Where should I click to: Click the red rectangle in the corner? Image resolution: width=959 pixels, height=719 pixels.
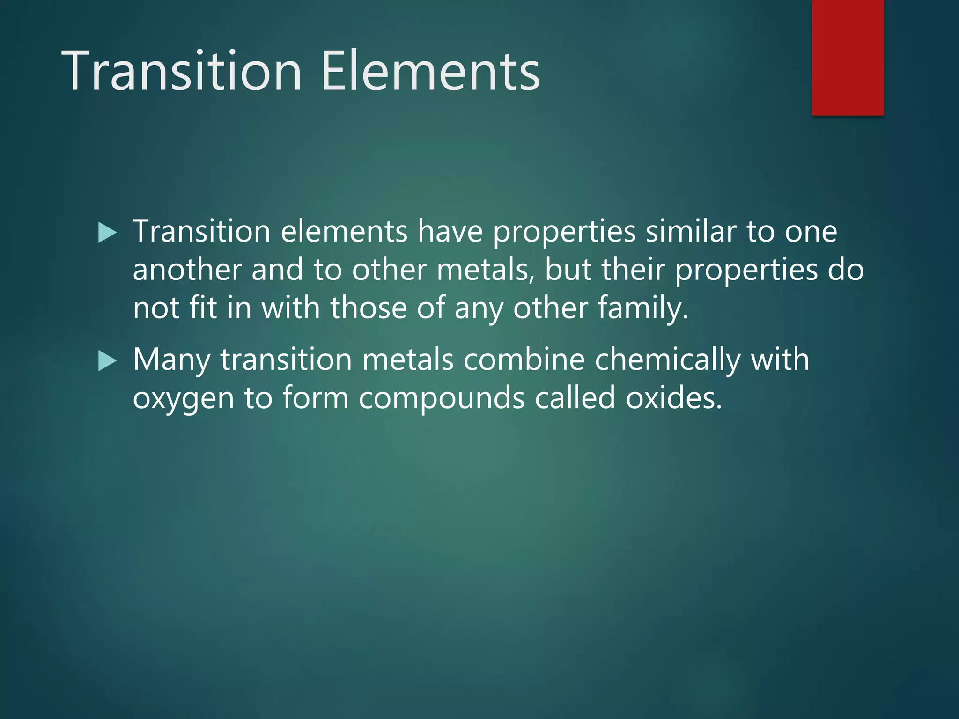coord(848,57)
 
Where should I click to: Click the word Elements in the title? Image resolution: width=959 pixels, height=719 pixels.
coord(431,71)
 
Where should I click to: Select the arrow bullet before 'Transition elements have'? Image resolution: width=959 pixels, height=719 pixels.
coord(108,233)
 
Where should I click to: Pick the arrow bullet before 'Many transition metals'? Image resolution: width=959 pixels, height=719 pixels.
coord(108,361)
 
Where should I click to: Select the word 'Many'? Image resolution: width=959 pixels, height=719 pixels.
coord(171,360)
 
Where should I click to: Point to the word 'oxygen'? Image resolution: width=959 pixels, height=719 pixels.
coord(183,399)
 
